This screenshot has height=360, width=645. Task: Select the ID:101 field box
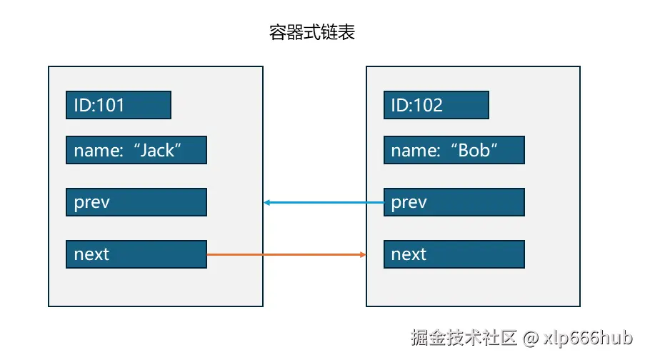point(118,105)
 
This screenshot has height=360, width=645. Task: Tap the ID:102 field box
point(436,105)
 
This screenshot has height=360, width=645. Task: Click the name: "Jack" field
point(136,151)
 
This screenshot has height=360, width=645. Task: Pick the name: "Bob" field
point(454,151)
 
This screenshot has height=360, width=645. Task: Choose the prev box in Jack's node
point(136,202)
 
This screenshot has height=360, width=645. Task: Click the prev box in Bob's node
point(454,202)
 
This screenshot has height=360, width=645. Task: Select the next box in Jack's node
point(136,254)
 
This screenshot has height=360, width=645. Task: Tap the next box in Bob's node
point(454,254)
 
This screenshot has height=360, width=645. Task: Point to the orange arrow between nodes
point(286,254)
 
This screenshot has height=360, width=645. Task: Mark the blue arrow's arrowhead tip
point(265,203)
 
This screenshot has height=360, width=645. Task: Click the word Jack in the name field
point(158,151)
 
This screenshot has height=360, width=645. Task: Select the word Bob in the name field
point(474,151)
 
